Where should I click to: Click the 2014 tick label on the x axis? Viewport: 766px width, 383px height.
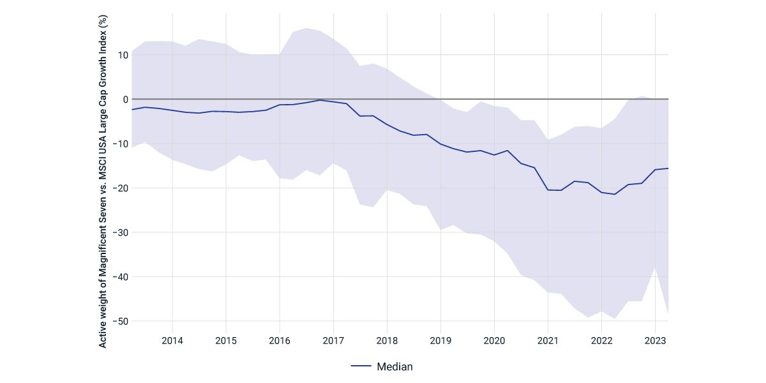(x=172, y=340)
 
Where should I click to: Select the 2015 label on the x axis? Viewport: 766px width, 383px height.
(x=226, y=340)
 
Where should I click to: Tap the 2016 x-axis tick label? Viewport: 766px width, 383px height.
(x=280, y=340)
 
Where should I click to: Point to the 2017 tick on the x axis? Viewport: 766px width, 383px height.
(x=333, y=340)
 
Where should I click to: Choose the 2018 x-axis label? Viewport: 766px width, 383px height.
(x=387, y=340)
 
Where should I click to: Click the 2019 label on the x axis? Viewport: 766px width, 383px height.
(x=440, y=340)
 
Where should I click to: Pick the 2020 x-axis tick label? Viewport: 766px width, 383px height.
(x=494, y=340)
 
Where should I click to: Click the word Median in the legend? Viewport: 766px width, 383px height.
(x=395, y=366)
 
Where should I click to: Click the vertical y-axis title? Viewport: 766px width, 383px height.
(x=103, y=183)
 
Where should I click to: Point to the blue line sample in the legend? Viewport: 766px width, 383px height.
(x=361, y=366)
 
